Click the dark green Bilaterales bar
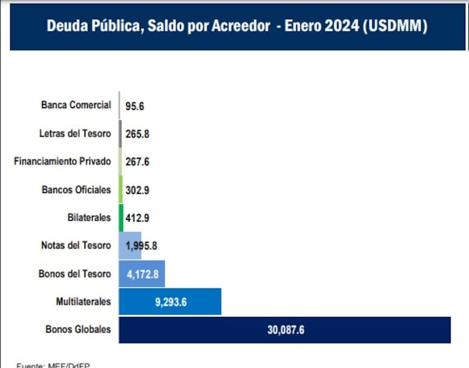tap(121, 217)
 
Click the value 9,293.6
tap(171, 302)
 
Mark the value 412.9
tap(137, 218)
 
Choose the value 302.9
tap(137, 190)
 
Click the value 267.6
tap(137, 161)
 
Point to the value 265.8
tap(137, 134)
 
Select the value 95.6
tap(135, 106)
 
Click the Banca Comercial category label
tap(76, 105)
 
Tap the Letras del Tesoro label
tap(75, 133)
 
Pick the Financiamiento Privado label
tap(62, 161)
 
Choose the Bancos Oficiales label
tap(76, 189)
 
